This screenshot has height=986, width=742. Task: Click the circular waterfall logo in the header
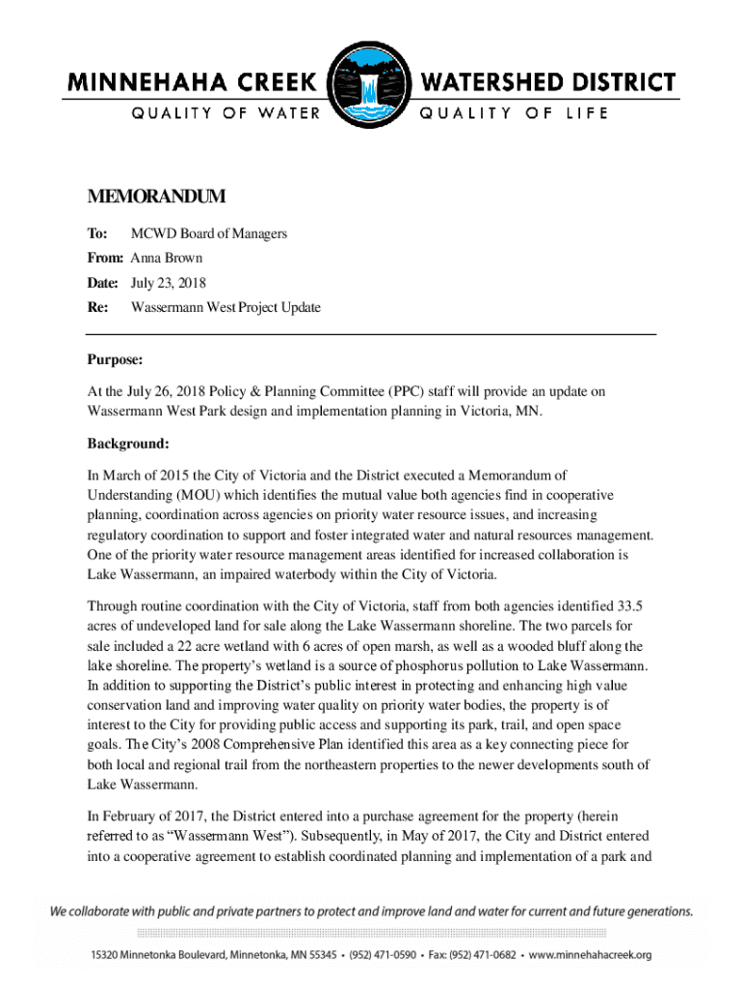[x=370, y=88]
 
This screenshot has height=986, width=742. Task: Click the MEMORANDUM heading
[x=156, y=197]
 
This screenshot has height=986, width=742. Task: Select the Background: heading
[x=128, y=444]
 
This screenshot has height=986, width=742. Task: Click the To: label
[x=98, y=234]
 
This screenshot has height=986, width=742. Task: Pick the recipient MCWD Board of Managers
[x=209, y=234]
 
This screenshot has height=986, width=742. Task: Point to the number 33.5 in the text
[x=627, y=606]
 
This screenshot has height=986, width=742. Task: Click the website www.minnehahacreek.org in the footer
[x=589, y=955]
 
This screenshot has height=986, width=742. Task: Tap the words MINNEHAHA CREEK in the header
[x=194, y=83]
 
